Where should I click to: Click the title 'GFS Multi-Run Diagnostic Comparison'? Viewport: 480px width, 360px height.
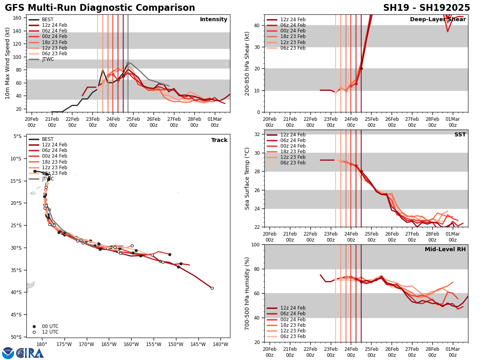pyautogui.click(x=100, y=8)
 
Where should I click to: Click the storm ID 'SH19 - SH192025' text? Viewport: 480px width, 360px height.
pyautogui.click(x=426, y=8)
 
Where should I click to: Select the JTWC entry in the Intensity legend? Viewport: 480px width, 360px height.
pyautogui.click(x=48, y=59)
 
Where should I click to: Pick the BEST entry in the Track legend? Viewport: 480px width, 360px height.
pyautogui.click(x=48, y=139)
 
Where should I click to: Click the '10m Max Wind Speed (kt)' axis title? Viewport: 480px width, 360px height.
pyautogui.click(x=8, y=63)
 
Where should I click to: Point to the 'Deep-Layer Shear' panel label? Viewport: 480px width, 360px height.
pyautogui.click(x=438, y=20)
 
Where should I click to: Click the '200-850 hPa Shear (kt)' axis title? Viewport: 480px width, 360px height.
pyautogui.click(x=247, y=63)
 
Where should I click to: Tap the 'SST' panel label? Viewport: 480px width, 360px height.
pyautogui.click(x=460, y=135)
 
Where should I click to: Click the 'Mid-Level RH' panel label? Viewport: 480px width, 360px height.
pyautogui.click(x=445, y=250)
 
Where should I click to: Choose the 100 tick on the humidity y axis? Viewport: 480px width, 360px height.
pyautogui.click(x=256, y=244)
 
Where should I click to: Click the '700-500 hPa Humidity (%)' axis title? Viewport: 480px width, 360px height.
pyautogui.click(x=247, y=293)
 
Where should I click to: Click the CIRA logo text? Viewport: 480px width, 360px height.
pyautogui.click(x=30, y=353)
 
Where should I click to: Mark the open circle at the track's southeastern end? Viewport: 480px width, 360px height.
pyautogui.click(x=212, y=288)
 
